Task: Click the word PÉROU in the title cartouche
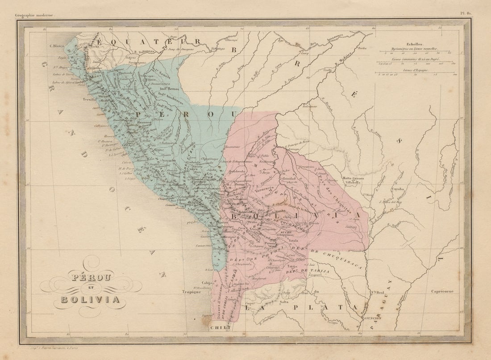pos(91,277)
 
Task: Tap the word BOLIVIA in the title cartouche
pos(91,299)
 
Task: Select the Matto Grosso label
pos(353,179)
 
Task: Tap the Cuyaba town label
pos(397,189)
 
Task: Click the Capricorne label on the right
pos(442,291)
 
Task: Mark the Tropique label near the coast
pos(189,292)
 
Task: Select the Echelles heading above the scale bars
pos(414,44)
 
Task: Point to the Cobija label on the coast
pos(206,283)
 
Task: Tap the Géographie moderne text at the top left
pos(34,15)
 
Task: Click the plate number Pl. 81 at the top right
pos(466,14)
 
